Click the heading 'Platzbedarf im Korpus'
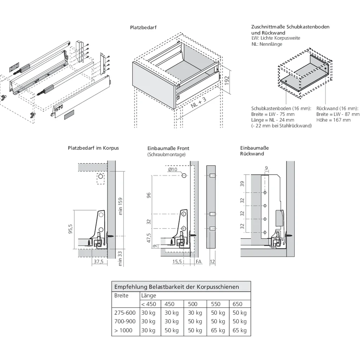coord(93,148)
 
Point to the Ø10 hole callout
coord(173,170)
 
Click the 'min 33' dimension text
coord(121,258)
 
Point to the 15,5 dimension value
coord(176,262)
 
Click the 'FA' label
coord(198,262)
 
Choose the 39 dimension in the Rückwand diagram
coord(242,184)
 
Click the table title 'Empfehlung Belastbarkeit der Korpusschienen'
coord(176,287)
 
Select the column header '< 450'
coord(149,304)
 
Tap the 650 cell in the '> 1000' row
coord(239,330)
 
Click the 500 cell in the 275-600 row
coord(195,313)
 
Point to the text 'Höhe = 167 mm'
coord(333,120)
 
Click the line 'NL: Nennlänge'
coord(267,44)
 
